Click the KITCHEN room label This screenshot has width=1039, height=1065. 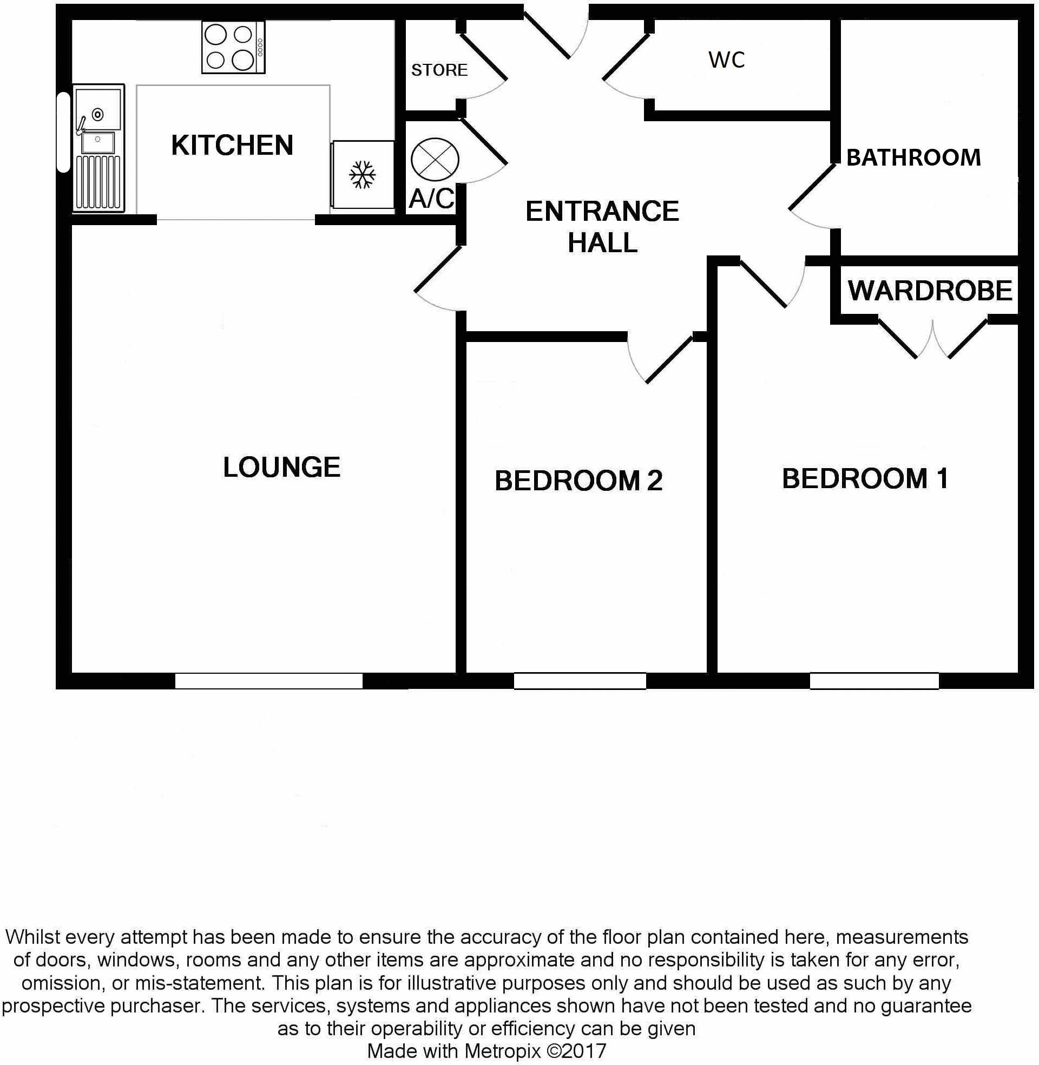pyautogui.click(x=232, y=145)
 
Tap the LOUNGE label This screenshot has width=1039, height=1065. pyautogui.click(x=281, y=467)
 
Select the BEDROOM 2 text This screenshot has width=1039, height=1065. pyautogui.click(x=578, y=481)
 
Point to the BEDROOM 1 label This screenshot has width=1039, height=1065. pyautogui.click(x=865, y=478)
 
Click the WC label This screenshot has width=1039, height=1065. pyautogui.click(x=726, y=60)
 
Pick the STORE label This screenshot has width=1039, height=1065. pyautogui.click(x=439, y=70)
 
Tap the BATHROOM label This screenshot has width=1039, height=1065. pyautogui.click(x=913, y=157)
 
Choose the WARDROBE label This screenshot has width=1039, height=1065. pyautogui.click(x=930, y=290)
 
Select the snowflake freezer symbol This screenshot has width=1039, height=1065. pyautogui.click(x=363, y=175)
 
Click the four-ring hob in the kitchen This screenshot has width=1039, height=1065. pyautogui.click(x=233, y=48)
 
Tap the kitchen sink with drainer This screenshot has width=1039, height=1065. pyautogui.click(x=98, y=147)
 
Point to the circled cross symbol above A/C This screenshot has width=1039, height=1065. pyautogui.click(x=435, y=160)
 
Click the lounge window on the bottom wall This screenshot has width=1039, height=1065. pyautogui.click(x=268, y=680)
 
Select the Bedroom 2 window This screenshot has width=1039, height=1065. pyautogui.click(x=580, y=680)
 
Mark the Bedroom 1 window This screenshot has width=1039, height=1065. pyautogui.click(x=874, y=680)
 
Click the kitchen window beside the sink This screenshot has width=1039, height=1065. pyautogui.click(x=63, y=132)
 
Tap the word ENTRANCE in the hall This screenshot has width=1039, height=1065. pyautogui.click(x=602, y=211)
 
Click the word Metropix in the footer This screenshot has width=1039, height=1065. pyautogui.click(x=503, y=1050)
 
